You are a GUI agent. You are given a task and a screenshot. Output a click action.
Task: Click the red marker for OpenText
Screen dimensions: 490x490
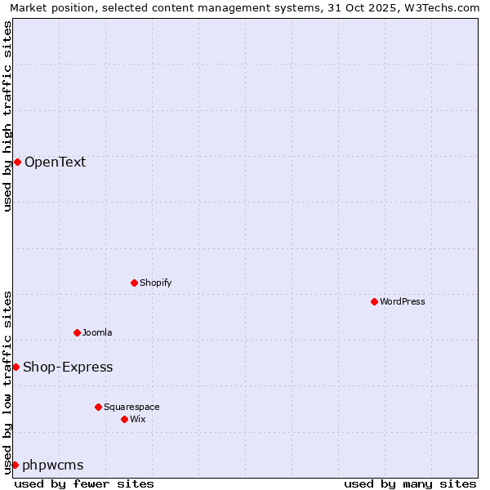coord(17,162)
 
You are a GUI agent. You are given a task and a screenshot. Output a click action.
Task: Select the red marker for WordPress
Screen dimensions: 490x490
coord(374,301)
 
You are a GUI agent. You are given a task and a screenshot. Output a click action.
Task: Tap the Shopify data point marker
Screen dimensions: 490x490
coord(134,283)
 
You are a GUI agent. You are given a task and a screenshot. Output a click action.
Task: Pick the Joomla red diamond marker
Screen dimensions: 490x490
coord(77,332)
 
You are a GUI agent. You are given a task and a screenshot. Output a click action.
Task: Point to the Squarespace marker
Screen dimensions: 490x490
coord(98,407)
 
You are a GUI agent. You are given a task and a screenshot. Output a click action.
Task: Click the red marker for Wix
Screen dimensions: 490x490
coord(124,419)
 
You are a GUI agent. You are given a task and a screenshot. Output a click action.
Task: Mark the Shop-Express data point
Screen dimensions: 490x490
coord(16,367)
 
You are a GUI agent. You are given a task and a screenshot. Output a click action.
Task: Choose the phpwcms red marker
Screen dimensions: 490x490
coord(15,465)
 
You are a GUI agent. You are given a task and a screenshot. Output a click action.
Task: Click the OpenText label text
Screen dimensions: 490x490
coord(55,162)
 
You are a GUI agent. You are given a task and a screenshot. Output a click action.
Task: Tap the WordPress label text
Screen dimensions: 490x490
coord(403,301)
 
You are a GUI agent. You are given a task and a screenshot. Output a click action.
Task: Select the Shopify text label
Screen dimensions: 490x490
coord(155,283)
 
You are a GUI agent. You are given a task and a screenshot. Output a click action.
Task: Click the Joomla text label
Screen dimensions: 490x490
coord(97,332)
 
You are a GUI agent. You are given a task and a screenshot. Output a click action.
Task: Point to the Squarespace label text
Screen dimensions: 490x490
coord(131,407)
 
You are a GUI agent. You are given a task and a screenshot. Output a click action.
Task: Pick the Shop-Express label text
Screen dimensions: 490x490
coord(68,367)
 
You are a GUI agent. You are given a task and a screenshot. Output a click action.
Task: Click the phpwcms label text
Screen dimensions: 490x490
coord(53,465)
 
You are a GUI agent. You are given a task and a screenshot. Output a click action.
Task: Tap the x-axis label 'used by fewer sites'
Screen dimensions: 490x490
coord(84,483)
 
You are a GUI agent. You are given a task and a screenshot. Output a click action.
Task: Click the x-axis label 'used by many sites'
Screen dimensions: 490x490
coord(410,483)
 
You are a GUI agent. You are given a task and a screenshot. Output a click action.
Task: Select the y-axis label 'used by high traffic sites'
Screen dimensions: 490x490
coord(7,116)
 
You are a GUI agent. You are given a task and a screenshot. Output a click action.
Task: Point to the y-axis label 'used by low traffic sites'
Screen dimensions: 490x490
coord(7,382)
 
